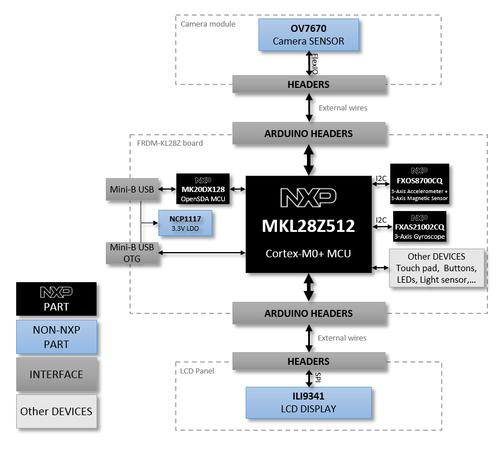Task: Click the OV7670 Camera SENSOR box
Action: point(308,35)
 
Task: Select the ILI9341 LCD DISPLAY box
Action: point(308,402)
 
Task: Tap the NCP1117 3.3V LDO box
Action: point(185,223)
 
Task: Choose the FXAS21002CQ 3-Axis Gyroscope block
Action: point(419,226)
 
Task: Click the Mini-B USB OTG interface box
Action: point(131,253)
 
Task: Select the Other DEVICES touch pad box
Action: point(437,268)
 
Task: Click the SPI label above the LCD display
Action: point(318,378)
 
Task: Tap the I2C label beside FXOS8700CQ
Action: point(381,178)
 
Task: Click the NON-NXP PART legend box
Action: point(56,337)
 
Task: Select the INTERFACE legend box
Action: point(56,375)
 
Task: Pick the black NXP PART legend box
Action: point(56,299)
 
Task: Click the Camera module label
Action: point(208,24)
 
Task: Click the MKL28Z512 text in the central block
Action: point(308,226)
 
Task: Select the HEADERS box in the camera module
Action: point(308,84)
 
